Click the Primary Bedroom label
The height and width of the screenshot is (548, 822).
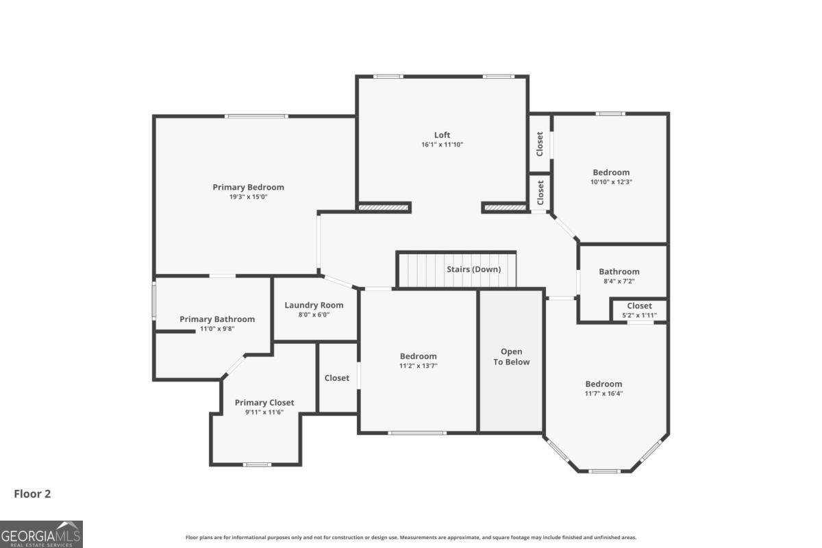coord(248,187)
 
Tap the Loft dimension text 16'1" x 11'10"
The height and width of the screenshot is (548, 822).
coord(442,145)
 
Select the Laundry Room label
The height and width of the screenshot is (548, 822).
coord(314,305)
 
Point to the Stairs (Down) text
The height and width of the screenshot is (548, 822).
coord(473,269)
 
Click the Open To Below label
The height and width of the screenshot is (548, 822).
coord(512,357)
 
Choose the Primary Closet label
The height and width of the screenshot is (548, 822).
coord(264,402)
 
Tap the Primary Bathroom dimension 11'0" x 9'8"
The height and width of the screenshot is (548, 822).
coord(216,329)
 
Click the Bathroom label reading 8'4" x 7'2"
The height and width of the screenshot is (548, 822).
coord(619,281)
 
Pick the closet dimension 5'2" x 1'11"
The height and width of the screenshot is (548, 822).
coord(639,315)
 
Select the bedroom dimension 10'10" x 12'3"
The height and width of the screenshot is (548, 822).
coord(611,182)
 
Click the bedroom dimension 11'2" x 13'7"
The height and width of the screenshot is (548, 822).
coord(418,366)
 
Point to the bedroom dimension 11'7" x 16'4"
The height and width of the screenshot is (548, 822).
coord(603,393)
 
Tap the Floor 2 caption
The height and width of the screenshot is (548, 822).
coord(32,493)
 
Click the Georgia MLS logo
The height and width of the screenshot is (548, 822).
coord(41,534)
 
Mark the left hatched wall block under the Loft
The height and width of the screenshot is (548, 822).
coord(384,207)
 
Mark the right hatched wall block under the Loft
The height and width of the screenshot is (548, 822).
coord(506,207)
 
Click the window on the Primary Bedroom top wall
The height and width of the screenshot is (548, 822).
coord(256,116)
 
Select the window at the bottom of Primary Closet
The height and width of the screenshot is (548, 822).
coord(258,464)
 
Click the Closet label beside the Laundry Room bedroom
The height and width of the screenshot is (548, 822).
coord(336,377)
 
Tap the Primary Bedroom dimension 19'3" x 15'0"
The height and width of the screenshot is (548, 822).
coord(248,197)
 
